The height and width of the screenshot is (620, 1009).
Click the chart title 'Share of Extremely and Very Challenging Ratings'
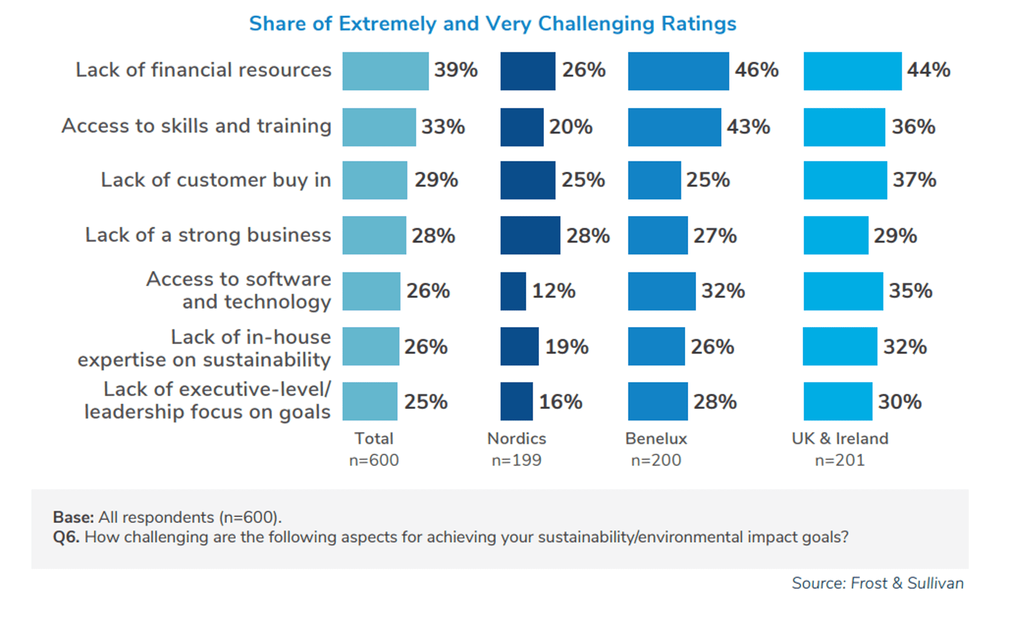[x=492, y=24]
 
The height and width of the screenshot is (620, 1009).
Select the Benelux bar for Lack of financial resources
[x=678, y=71]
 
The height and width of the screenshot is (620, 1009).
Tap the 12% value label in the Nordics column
[x=553, y=291]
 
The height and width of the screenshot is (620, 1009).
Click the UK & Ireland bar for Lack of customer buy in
[x=845, y=180]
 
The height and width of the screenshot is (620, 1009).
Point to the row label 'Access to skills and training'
[x=196, y=126]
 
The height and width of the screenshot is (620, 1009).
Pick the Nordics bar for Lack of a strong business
[x=530, y=235]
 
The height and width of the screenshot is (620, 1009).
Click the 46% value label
[x=756, y=70]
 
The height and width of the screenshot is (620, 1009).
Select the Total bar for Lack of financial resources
[x=385, y=71]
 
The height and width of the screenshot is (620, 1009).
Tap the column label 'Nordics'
[x=517, y=439]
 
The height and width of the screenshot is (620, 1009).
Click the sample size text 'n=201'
[x=840, y=460]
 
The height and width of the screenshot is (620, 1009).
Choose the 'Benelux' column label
[x=656, y=439]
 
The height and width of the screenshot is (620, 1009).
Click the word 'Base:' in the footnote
[x=73, y=517]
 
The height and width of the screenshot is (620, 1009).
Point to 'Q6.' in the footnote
[x=66, y=537]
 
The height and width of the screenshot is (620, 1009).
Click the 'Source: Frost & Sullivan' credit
[x=877, y=584]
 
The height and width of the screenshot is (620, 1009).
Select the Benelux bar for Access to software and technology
[x=662, y=291]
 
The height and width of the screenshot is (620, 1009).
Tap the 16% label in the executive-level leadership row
[x=560, y=402]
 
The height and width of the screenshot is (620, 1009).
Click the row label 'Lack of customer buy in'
[x=216, y=180]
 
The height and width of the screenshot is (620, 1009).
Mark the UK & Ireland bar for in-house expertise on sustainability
[x=840, y=346]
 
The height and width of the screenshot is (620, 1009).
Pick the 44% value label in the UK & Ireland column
[x=928, y=70]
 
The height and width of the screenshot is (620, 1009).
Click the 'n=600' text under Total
[x=374, y=460]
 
